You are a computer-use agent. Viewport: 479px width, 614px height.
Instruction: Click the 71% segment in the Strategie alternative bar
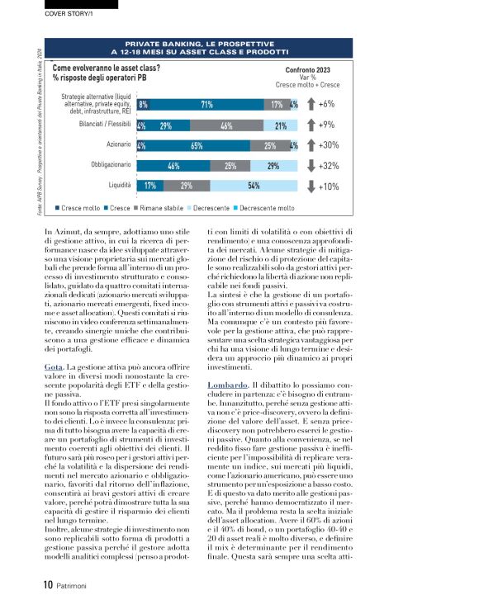206,105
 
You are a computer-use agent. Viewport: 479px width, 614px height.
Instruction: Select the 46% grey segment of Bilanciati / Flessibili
225,125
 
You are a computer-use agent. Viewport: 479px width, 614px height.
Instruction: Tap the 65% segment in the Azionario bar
197,146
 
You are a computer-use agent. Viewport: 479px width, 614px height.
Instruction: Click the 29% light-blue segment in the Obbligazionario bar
273,166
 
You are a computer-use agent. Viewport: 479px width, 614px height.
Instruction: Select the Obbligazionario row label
107,165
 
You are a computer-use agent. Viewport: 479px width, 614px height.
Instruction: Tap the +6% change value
326,105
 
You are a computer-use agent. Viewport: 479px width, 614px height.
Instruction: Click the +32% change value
328,166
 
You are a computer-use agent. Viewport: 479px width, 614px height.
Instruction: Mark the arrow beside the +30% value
309,145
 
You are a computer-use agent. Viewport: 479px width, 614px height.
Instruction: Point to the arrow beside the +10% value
309,186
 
